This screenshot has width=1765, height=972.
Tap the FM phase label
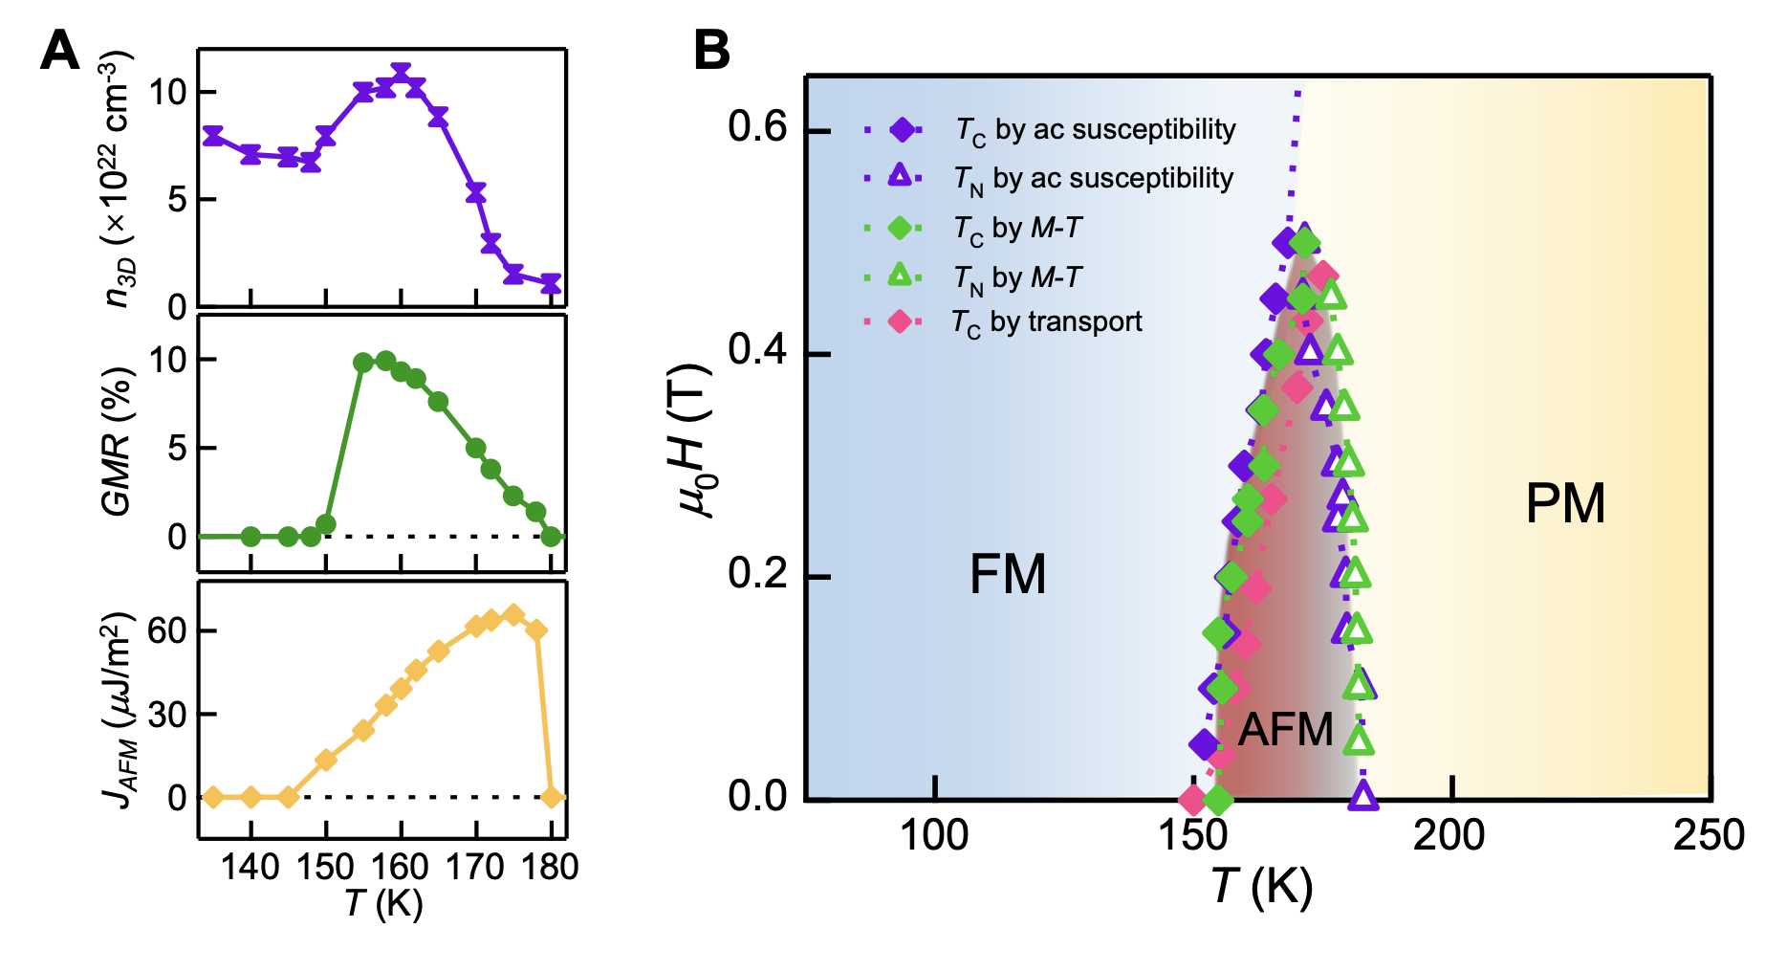pos(1007,575)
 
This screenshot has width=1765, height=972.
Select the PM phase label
pos(1564,503)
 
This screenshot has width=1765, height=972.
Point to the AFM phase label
pos(1285,730)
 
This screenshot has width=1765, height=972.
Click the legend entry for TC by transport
pos(1047,322)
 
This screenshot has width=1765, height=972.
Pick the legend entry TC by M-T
pos(1017,229)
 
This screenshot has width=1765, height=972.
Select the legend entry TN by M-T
pos(1017,277)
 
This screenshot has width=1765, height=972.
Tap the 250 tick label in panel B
pos(1708,835)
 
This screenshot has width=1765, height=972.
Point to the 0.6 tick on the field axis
pos(757,127)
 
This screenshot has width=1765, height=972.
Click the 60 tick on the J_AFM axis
pos(167,631)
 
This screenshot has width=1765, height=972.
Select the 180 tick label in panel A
pos(551,867)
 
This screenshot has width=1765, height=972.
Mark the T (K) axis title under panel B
pos(1260,886)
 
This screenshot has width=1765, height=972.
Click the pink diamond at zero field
pos(1192,799)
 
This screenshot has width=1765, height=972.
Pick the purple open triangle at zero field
pos(1362,795)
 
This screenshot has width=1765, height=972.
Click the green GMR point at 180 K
pos(551,537)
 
